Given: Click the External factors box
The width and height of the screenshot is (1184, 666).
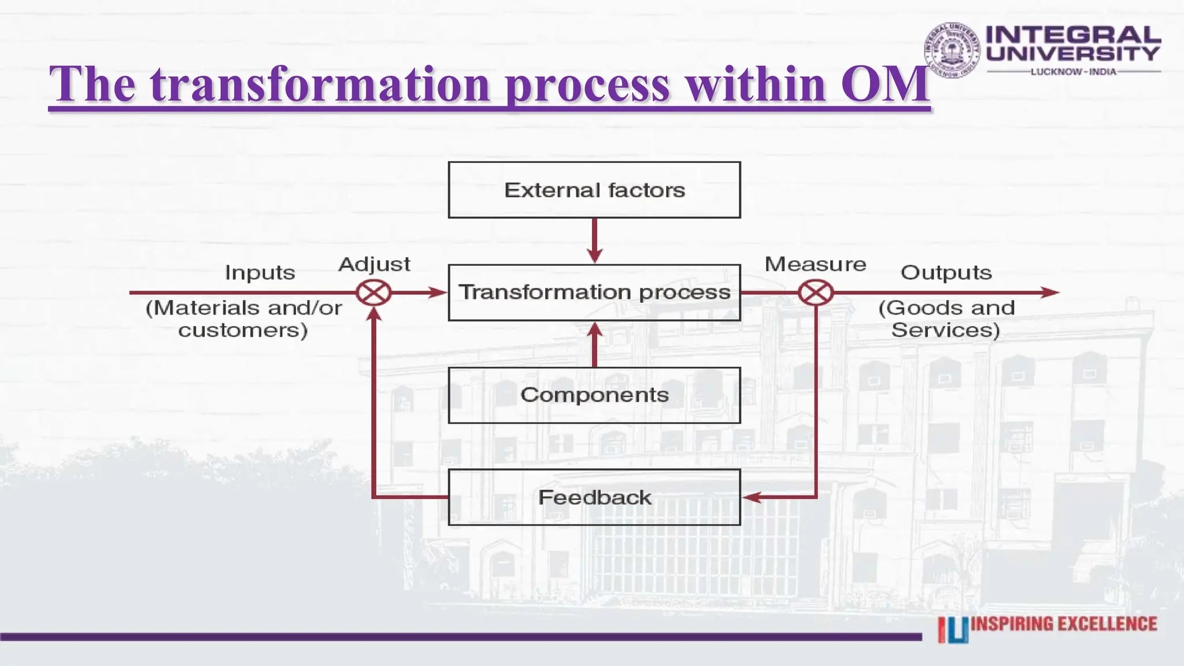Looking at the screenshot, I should click(594, 190).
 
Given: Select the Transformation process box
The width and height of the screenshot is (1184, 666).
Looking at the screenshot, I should click(594, 293).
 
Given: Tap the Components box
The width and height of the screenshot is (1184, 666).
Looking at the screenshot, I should click(594, 395).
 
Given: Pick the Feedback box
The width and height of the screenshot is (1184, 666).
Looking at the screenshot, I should click(594, 497).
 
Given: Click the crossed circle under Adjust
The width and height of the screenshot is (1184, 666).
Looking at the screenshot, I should click(373, 293).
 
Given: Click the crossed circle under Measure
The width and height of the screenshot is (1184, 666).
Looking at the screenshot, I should click(816, 293).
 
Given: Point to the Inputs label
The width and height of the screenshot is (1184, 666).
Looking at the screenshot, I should click(260, 272).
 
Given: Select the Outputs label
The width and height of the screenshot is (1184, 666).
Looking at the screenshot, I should click(946, 272).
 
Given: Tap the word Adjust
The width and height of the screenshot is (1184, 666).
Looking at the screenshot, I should click(374, 264).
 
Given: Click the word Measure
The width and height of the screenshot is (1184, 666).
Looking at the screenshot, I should click(815, 264).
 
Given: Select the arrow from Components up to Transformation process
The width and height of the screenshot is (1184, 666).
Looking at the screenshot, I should click(594, 344).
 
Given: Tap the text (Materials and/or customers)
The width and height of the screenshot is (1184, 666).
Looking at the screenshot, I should click(243, 319).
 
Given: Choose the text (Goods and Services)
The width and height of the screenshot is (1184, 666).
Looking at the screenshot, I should click(946, 319).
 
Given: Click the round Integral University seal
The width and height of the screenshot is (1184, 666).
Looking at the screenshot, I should click(952, 50).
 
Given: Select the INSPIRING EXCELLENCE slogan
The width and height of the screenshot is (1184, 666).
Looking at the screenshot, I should click(1064, 624).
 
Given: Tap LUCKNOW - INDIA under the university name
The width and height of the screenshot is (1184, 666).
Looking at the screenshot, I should click(1073, 72).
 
